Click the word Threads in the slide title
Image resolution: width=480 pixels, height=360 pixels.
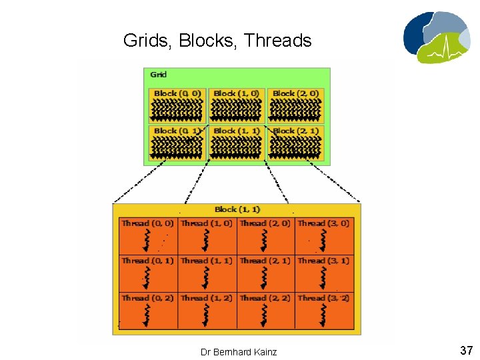coord(278,41)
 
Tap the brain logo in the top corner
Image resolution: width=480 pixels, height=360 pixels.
coord(436,36)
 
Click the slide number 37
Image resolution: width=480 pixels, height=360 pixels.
coord(465,350)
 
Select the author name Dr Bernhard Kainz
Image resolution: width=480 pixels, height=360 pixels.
coord(239,351)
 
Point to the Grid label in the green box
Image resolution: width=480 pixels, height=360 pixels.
coord(158,75)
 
